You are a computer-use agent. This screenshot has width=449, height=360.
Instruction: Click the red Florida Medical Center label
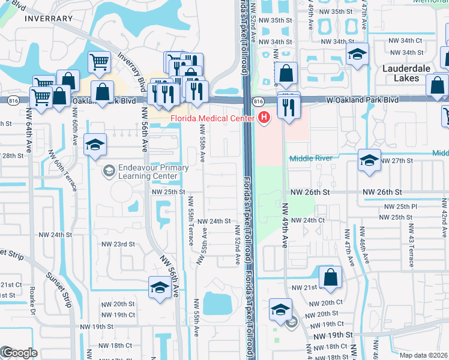point(213,119)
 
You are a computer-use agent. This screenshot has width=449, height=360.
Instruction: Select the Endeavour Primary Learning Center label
point(145,173)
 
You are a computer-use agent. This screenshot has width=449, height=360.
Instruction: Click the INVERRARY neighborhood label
point(49,19)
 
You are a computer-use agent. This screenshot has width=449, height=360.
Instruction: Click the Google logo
point(19,353)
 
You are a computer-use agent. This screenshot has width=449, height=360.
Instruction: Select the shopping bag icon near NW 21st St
point(330,277)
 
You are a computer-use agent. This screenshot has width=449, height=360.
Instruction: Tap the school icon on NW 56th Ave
point(160,287)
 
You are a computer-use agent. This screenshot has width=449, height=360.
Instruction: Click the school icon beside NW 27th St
point(369,160)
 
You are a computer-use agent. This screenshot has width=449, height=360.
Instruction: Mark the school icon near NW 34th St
point(357,55)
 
